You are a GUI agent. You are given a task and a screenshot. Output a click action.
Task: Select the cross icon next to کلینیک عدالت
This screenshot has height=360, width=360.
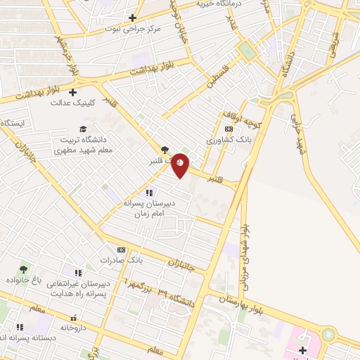pos(72,91)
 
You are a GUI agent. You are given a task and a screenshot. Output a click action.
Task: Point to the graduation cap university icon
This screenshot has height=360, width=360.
pos(83,129)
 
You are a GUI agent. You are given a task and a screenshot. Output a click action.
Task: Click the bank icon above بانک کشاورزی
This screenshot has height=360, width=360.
pos(229,129)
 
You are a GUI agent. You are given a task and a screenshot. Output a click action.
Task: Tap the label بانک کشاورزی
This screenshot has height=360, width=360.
pos(229,141)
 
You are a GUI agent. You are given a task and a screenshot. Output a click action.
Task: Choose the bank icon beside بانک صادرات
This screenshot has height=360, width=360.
pos(121,250)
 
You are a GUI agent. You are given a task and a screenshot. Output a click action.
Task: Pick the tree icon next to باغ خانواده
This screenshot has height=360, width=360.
pos(24,269)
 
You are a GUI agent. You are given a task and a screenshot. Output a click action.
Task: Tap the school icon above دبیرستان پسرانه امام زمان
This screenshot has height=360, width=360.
pos(148,192)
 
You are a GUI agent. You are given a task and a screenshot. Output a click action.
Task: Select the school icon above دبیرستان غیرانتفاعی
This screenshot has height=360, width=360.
pos(78,273)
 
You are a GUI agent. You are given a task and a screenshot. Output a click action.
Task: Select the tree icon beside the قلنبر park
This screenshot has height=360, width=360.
pos(165,149)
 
